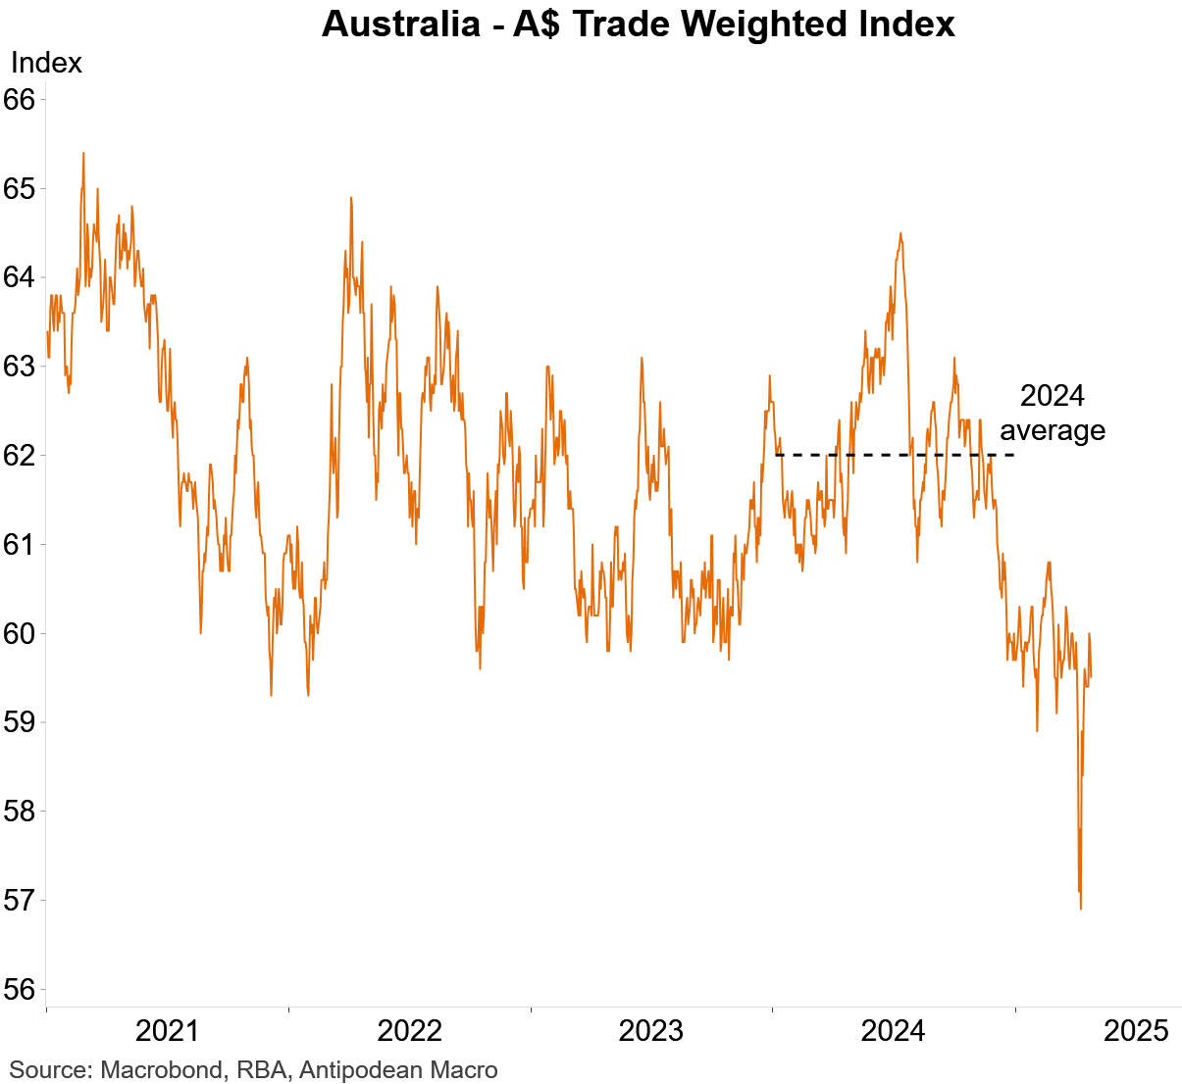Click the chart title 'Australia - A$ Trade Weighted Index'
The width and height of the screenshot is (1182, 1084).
(638, 24)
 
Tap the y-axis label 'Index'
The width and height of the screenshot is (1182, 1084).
(46, 63)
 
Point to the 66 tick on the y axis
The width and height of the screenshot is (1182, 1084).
(20, 100)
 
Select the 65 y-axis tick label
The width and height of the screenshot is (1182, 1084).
(20, 188)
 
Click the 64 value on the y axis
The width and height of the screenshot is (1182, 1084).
(20, 277)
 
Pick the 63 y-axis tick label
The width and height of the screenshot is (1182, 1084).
(20, 367)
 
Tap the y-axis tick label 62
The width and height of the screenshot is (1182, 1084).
(20, 456)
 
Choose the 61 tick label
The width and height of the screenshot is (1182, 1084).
(20, 544)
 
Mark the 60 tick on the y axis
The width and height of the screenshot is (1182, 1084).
(20, 633)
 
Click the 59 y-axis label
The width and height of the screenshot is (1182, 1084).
(20, 722)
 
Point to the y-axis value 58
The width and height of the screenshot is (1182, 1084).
(20, 812)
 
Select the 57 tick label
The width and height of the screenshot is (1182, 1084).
(20, 900)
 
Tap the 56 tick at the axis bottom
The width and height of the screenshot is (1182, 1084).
(20, 990)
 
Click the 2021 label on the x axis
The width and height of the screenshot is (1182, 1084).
(167, 1031)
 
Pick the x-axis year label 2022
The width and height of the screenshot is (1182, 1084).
(409, 1031)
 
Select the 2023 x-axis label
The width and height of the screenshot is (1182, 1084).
(651, 1031)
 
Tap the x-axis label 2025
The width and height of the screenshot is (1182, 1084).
(1136, 1031)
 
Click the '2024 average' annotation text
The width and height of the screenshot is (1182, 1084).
(1053, 413)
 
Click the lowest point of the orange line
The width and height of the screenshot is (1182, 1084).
(1080, 909)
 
